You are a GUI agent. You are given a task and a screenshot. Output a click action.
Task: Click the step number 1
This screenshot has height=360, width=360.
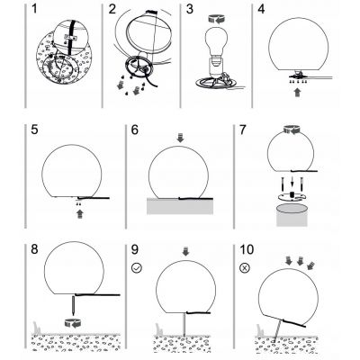(x=34, y=9)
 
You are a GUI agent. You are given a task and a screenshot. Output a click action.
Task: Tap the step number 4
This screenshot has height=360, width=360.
(x=261, y=9)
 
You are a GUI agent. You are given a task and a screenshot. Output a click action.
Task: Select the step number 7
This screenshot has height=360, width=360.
(x=243, y=130)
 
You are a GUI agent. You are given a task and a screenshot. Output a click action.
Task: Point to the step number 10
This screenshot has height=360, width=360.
(x=247, y=249)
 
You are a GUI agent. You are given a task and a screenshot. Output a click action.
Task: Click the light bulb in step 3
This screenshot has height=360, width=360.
(x=214, y=43)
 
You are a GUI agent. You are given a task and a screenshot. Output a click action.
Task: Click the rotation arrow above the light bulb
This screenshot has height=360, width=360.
(x=216, y=19)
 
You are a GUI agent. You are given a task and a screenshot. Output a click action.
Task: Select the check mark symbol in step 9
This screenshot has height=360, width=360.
(x=137, y=267)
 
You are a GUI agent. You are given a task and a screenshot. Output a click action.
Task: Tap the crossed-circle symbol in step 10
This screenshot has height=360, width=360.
(x=245, y=267)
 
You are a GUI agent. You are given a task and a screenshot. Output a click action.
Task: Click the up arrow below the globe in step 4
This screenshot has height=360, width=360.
(x=298, y=93)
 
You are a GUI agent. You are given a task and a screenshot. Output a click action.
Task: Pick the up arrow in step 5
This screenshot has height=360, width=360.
(x=79, y=213)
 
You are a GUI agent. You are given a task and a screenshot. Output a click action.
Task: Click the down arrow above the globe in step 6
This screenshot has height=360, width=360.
(x=180, y=138)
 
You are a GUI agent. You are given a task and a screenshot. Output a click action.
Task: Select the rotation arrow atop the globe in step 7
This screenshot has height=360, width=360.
(x=291, y=130)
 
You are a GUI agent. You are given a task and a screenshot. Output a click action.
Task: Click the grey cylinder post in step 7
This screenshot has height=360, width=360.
(x=292, y=215)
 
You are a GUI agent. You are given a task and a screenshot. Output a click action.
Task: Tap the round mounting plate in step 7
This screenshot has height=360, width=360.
(x=292, y=196)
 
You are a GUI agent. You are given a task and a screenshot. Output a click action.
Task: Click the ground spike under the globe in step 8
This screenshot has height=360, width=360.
(x=74, y=305)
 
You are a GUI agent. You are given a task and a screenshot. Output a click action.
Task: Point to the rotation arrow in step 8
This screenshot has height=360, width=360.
(x=73, y=324)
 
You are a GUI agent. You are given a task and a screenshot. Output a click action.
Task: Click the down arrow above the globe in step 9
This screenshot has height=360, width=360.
(x=185, y=252)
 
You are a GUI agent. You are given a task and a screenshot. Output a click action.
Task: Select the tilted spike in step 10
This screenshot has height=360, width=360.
(x=277, y=330)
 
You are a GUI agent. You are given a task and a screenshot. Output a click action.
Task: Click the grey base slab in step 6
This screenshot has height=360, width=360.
(x=180, y=206)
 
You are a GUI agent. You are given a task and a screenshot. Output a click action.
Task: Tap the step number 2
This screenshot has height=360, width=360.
(x=112, y=9)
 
